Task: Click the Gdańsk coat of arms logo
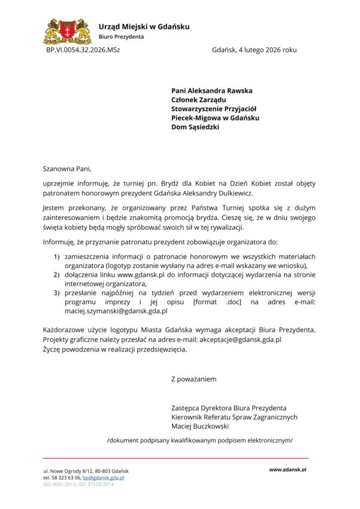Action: click(68, 31)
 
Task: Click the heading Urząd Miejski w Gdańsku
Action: click(144, 26)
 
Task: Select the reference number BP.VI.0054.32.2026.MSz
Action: click(83, 50)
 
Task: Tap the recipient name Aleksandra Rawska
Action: click(220, 90)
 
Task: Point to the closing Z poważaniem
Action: click(193, 379)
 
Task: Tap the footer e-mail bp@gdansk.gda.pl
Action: click(104, 478)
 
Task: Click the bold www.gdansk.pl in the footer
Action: click(288, 470)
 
